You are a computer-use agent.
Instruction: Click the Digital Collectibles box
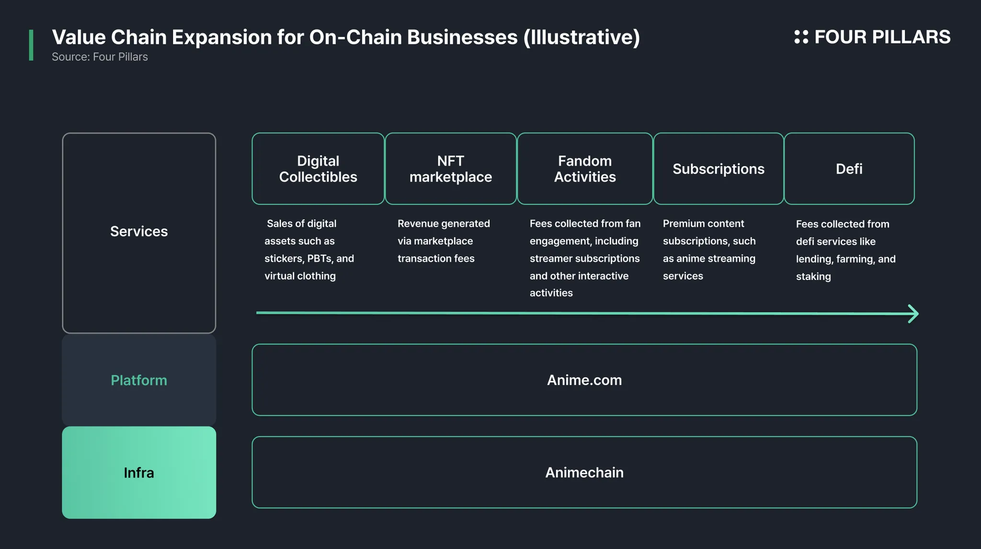318,168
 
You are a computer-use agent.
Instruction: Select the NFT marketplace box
451,168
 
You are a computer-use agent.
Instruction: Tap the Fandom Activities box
585,168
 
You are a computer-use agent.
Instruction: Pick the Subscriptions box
719,168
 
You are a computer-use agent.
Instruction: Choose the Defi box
849,168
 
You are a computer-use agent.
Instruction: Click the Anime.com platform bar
584,380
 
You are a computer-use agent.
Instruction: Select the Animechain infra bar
584,472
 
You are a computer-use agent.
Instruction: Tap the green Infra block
139,472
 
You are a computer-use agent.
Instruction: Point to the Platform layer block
139,380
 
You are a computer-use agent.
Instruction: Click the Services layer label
139,231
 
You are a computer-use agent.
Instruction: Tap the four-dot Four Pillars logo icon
801,37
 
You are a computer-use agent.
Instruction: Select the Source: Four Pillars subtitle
100,57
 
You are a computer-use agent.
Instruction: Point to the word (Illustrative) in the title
582,37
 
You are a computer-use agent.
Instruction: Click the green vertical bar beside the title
31,45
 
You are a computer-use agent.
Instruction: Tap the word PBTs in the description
320,258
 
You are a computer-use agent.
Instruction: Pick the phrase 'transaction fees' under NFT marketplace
436,258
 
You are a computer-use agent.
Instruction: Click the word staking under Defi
813,277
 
